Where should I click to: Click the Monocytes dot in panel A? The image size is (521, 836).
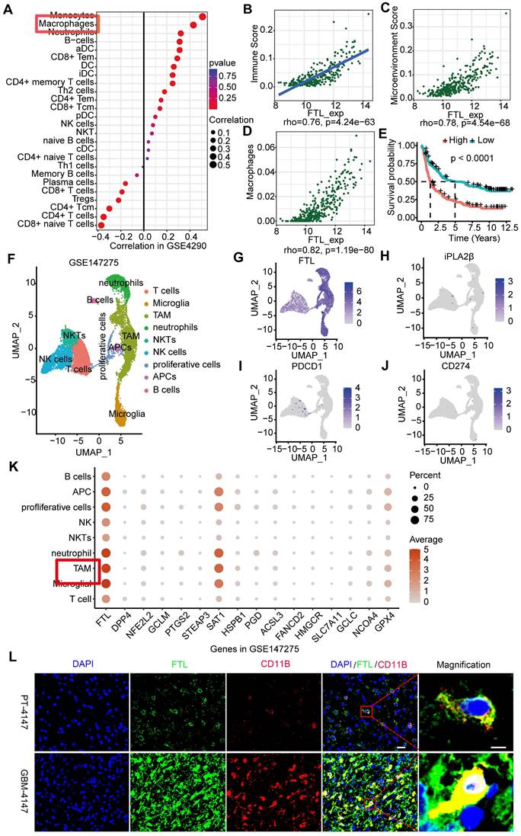coord(203,17)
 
